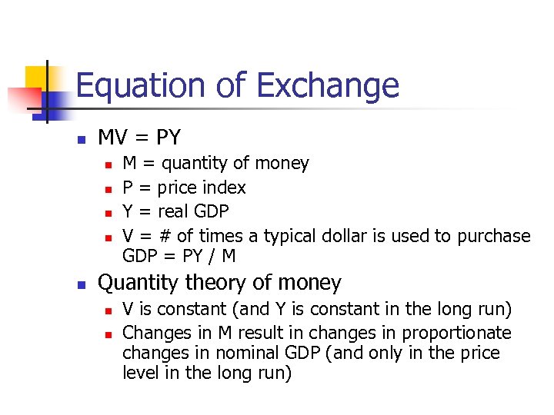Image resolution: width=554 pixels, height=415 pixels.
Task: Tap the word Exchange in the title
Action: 329,85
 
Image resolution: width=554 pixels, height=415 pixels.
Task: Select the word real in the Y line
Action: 175,211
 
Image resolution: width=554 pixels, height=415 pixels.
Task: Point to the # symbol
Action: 165,236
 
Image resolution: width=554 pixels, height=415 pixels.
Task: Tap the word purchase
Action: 493,236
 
